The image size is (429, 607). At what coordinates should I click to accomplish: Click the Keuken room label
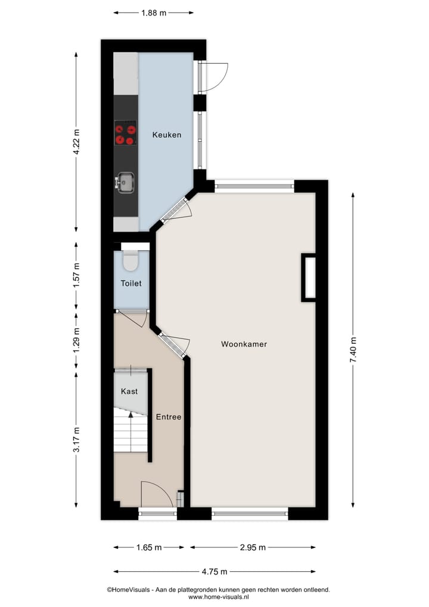pyautogui.click(x=166, y=135)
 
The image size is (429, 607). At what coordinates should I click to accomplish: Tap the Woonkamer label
pyautogui.click(x=244, y=344)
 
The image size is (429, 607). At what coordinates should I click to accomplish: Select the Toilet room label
pyautogui.click(x=131, y=284)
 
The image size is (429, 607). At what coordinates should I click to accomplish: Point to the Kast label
pyautogui.click(x=129, y=392)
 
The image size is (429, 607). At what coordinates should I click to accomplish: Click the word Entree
pyautogui.click(x=169, y=417)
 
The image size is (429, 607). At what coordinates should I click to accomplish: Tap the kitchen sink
pyautogui.click(x=126, y=182)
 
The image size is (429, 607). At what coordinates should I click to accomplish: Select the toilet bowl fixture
pyautogui.click(x=130, y=261)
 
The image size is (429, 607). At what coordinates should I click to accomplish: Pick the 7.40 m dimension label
pyautogui.click(x=353, y=349)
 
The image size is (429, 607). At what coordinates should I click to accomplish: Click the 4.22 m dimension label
pyautogui.click(x=76, y=143)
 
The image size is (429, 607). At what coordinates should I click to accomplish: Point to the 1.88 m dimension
pyautogui.click(x=154, y=13)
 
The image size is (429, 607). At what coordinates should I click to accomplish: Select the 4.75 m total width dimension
pyautogui.click(x=214, y=572)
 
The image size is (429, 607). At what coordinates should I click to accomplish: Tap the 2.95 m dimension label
pyautogui.click(x=253, y=547)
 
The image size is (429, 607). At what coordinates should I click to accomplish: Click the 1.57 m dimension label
pyautogui.click(x=76, y=277)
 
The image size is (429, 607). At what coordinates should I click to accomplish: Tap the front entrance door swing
pyautogui.click(x=156, y=494)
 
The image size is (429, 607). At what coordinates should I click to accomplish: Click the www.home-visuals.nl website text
pyautogui.click(x=218, y=597)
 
